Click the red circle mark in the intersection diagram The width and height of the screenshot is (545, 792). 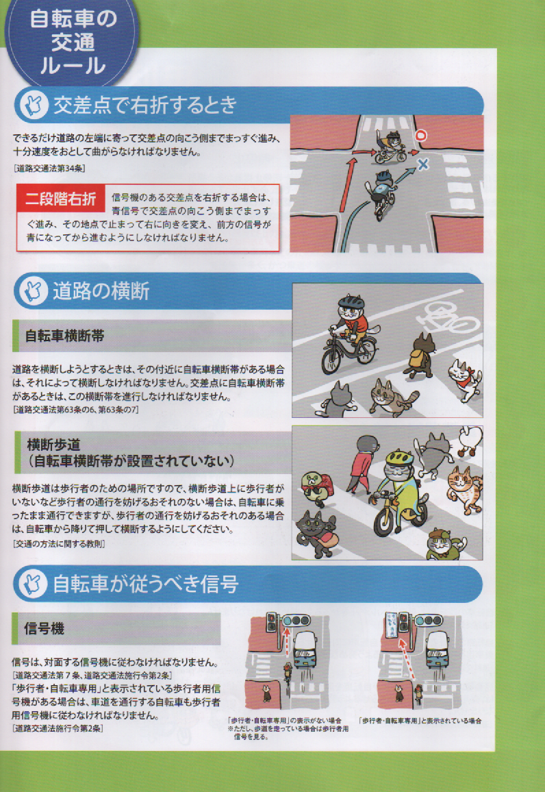pos(421,136)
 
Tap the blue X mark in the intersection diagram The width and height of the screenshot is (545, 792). pos(423,164)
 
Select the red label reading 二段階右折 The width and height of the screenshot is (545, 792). pos(60,199)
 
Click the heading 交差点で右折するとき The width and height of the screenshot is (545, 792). pos(145,105)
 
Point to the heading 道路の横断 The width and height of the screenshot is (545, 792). pos(101,291)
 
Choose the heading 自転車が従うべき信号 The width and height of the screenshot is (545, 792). pos(146,584)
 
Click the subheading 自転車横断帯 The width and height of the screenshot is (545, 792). pos(64,336)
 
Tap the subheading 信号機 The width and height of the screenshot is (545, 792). pos(44,628)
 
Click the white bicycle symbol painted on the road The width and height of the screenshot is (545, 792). pos(446,318)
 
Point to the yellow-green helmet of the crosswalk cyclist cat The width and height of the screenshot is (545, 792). pos(400,458)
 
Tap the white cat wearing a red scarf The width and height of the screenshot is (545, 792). pos(464,378)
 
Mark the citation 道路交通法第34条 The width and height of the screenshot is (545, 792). pos(49,169)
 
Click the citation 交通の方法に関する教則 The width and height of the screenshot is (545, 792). pos(58,544)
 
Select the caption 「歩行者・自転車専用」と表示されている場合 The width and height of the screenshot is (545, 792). pos(420,721)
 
